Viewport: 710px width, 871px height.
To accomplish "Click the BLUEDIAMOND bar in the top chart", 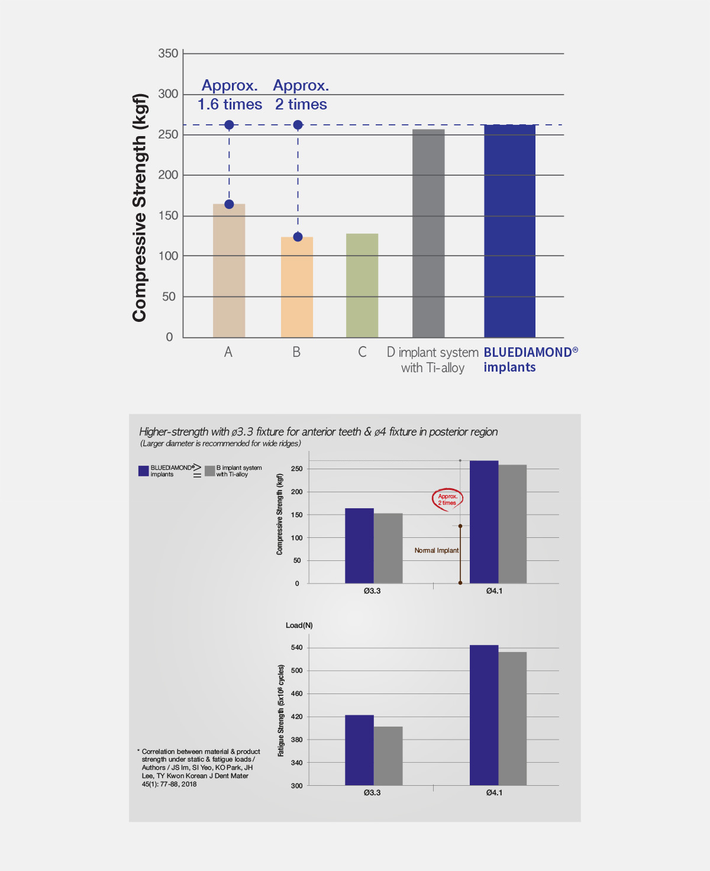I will pyautogui.click(x=509, y=231).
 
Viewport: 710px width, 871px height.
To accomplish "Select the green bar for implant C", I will pyautogui.click(x=362, y=285).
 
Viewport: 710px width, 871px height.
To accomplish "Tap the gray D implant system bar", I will pyautogui.click(x=428, y=233).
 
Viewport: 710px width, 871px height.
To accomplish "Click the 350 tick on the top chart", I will pyautogui.click(x=168, y=54).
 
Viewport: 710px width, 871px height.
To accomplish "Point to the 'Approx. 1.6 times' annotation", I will pyautogui.click(x=230, y=95).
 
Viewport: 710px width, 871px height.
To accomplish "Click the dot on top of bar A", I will pyautogui.click(x=229, y=204).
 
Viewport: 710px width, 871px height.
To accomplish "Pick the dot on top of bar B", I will pyautogui.click(x=298, y=237).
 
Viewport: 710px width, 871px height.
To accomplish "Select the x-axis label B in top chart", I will pyautogui.click(x=296, y=352).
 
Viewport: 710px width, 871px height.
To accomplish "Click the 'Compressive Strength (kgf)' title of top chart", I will pyautogui.click(x=140, y=207).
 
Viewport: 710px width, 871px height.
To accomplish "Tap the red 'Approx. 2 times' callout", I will pyautogui.click(x=447, y=499).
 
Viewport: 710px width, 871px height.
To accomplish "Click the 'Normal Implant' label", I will pyautogui.click(x=436, y=550).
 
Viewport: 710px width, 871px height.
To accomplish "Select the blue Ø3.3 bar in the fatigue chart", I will pyautogui.click(x=359, y=750).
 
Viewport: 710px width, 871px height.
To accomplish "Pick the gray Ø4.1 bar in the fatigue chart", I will pyautogui.click(x=512, y=718).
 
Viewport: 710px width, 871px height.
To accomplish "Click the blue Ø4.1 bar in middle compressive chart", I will pyautogui.click(x=484, y=522).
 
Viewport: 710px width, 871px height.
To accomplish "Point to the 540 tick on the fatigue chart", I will pyautogui.click(x=296, y=647).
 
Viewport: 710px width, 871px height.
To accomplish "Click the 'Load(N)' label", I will pyautogui.click(x=299, y=625).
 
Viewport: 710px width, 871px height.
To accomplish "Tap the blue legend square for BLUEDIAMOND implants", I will pyautogui.click(x=143, y=471).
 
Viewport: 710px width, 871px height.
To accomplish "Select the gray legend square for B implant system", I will pyautogui.click(x=209, y=471).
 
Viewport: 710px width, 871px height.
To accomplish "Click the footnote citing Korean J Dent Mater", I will pyautogui.click(x=198, y=767).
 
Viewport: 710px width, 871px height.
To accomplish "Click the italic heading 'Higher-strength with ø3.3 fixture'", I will pyautogui.click(x=318, y=432).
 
